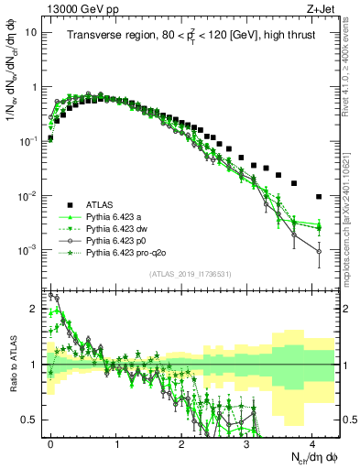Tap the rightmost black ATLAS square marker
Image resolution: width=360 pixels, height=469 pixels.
(318, 196)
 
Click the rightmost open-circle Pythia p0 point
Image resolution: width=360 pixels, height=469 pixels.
(318, 251)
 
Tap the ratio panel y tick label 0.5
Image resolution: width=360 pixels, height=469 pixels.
(30, 419)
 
